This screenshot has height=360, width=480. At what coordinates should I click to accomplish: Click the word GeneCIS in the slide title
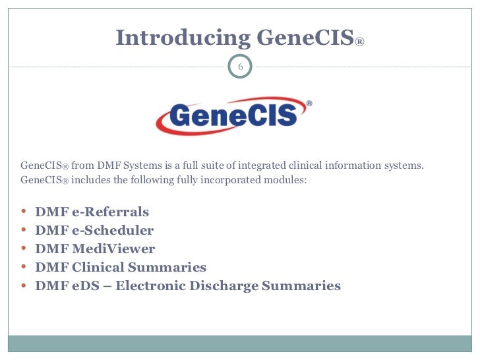point(305,38)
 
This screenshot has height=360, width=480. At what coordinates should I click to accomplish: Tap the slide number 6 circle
point(241,67)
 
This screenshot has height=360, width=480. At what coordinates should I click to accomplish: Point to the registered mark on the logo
point(309,104)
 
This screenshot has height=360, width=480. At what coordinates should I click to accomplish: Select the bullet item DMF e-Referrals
point(92,212)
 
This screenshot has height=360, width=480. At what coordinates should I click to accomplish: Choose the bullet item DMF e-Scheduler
point(94,231)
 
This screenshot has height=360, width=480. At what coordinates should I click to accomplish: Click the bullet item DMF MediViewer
point(95,249)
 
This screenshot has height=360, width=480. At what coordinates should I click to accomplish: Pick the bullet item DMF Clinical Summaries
point(121,268)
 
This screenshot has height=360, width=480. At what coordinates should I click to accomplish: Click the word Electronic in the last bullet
point(183,286)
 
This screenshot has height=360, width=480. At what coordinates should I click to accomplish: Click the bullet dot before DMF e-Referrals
point(24,212)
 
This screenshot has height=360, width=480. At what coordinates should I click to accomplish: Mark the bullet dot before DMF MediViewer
point(24,249)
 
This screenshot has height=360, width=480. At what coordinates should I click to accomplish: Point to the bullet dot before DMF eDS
point(24,286)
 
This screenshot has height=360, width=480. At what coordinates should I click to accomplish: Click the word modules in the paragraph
point(287,179)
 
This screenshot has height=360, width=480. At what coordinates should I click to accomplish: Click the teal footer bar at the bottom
point(240,345)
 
